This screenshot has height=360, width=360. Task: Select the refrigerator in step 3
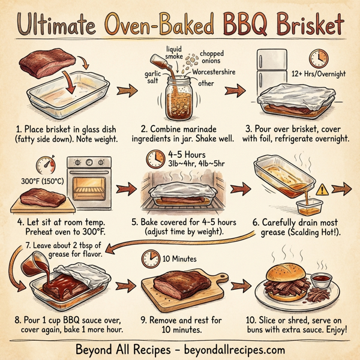point(269,78)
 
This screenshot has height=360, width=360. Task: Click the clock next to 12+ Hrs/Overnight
point(318,59)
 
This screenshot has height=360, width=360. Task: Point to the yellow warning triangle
point(323,189)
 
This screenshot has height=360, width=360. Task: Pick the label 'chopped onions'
point(215,58)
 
